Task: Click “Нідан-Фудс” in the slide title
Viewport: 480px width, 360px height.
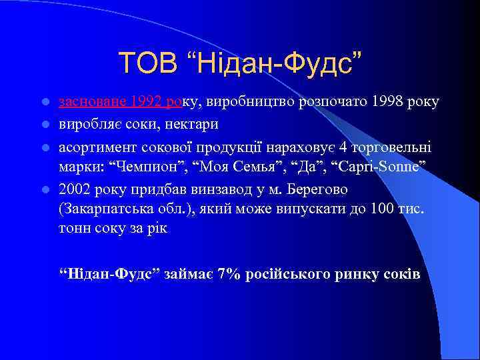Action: (272, 63)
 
